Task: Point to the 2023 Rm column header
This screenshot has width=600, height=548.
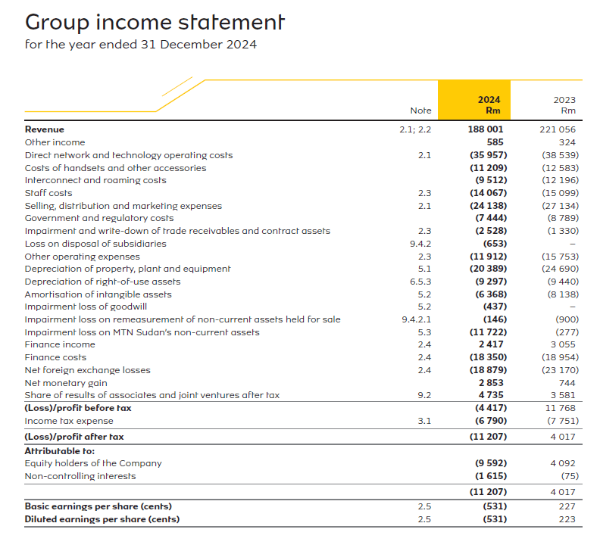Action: (x=564, y=104)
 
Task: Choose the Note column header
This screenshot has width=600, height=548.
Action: (x=420, y=111)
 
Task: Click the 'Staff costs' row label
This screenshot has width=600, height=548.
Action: (x=48, y=193)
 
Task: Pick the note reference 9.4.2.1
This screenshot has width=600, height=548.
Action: (x=416, y=319)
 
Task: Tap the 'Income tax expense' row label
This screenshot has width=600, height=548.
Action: (x=69, y=421)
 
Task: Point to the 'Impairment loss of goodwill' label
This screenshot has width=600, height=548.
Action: (x=85, y=307)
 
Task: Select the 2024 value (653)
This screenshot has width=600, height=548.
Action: (x=494, y=244)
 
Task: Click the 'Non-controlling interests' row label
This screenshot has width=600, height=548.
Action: (x=80, y=476)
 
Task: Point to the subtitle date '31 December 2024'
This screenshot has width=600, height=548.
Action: (x=198, y=44)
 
